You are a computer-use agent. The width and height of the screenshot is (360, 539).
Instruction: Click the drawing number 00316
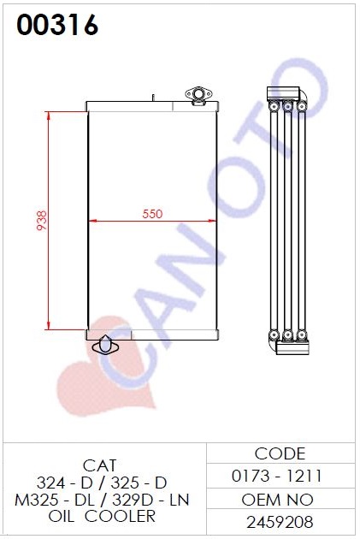coord(57,25)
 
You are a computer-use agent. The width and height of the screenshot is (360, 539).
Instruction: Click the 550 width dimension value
coord(152,214)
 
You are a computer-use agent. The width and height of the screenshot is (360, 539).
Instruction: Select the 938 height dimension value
coord(42,221)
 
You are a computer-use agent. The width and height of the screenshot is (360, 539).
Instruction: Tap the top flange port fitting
coord(199,94)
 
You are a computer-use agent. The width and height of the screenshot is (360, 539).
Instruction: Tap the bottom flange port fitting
coord(105,346)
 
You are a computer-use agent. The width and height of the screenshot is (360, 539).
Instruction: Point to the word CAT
coord(99,465)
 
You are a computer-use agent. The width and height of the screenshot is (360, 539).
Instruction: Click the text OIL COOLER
coord(102,516)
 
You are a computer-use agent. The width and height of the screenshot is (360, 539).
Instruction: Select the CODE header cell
coord(280,453)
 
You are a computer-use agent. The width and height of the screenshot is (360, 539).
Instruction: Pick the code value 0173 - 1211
coord(277,476)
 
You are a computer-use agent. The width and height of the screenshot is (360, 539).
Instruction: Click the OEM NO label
coord(277,500)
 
